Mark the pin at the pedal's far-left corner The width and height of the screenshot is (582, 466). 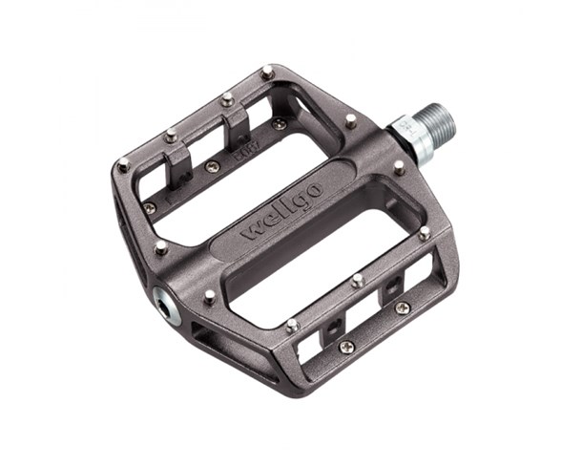(x=123, y=164)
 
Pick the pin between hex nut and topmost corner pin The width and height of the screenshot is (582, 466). (x=351, y=121)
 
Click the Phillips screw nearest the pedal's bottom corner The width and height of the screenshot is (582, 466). (x=346, y=346)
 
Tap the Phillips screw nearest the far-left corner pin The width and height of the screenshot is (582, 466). (x=150, y=207)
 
